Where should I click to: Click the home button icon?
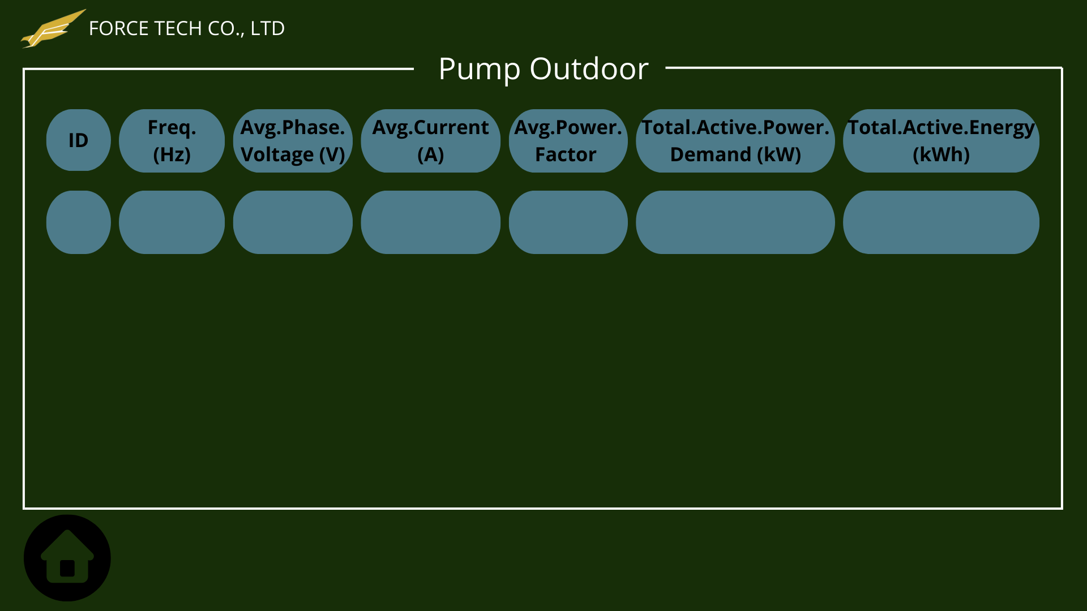pos(67,557)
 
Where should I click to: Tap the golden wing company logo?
pos(53,29)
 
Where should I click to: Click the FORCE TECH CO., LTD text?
pos(187,28)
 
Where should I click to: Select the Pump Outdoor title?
pos(543,69)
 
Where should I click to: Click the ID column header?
pos(79,140)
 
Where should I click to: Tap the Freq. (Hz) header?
pos(172,141)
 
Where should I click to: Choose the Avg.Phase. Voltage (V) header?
pos(293,141)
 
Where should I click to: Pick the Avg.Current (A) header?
pos(431,141)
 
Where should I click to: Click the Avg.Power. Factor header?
pos(568,141)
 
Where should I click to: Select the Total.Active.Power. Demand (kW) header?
pos(735,141)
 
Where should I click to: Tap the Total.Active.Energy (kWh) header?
pos(941,141)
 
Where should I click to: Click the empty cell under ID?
pos(79,222)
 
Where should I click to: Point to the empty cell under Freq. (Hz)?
pos(172,222)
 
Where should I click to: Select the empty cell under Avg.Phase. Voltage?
pos(293,222)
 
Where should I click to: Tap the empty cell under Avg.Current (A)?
pos(431,222)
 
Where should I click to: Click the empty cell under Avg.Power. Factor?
pos(568,222)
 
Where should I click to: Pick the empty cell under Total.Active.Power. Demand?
pos(735,222)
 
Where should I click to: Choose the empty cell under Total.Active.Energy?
pos(941,222)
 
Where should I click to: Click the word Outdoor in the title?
pos(589,69)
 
